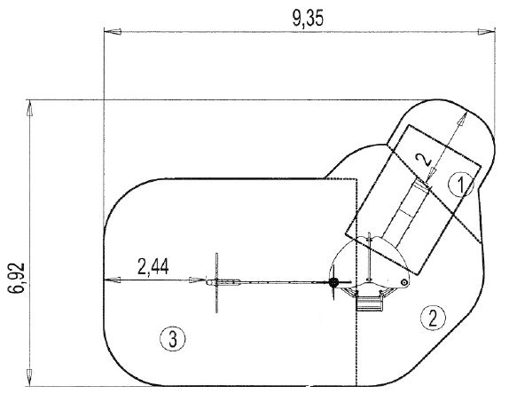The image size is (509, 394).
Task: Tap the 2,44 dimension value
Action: click(154, 265)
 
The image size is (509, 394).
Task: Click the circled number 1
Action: click(458, 185)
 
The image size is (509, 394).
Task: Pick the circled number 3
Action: click(172, 336)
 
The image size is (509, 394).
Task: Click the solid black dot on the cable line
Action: click(333, 282)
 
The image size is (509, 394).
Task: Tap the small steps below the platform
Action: click(369, 304)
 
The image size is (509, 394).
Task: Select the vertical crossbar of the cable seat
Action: click(216, 282)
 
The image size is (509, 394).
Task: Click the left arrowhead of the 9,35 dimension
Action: click(110, 34)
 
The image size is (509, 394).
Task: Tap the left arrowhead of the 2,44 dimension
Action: click(110, 280)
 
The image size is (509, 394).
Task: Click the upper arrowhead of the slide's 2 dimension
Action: click(461, 118)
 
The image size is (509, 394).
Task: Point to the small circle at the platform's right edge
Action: click(403, 282)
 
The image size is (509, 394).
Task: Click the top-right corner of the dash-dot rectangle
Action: click(356, 180)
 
